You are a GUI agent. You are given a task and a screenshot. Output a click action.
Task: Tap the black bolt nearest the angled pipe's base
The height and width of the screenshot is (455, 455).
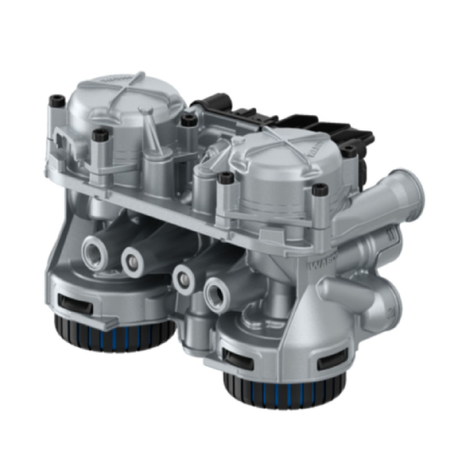(320, 189)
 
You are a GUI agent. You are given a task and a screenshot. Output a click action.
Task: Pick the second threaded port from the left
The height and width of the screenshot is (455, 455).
(133, 261)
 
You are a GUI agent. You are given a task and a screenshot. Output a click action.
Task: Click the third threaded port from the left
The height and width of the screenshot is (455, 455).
(183, 278)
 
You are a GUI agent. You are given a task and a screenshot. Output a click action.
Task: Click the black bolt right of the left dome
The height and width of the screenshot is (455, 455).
(189, 120)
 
